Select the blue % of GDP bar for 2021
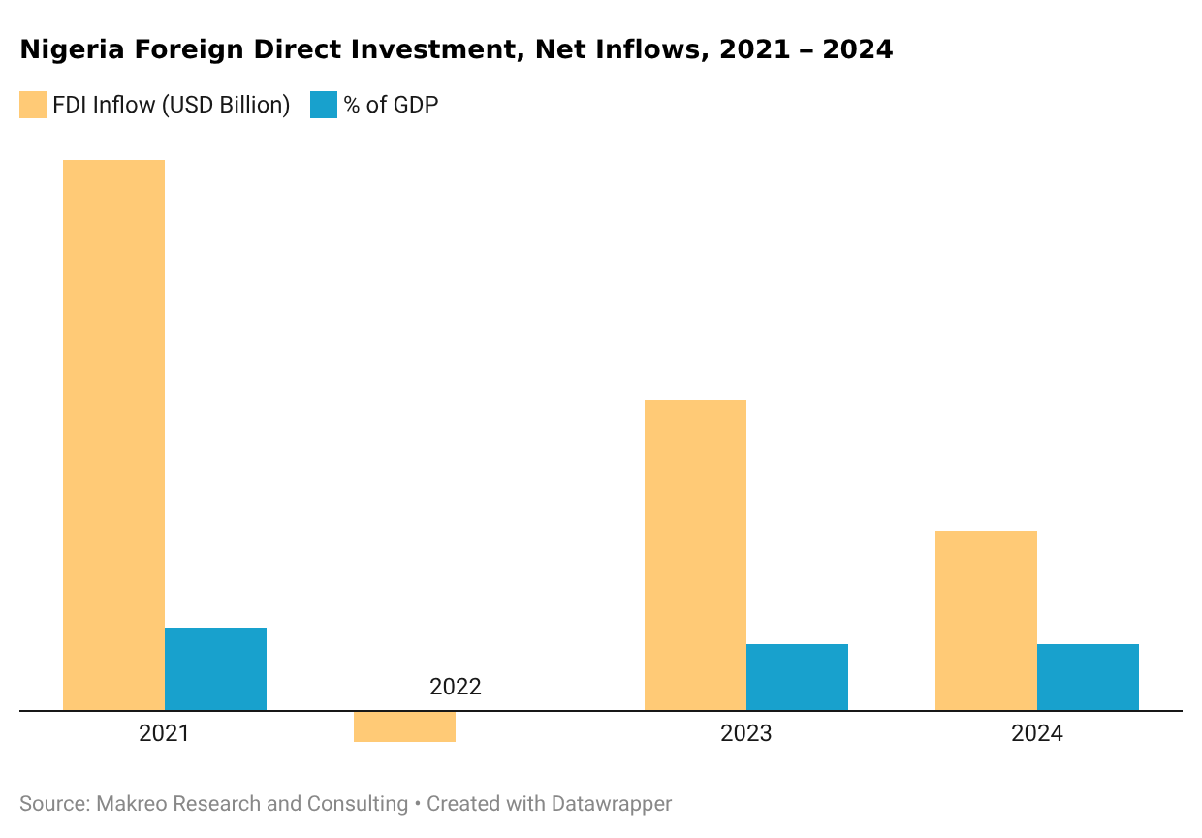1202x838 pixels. (x=215, y=669)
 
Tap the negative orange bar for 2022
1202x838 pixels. (x=404, y=726)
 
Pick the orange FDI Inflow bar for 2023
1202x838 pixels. (x=695, y=555)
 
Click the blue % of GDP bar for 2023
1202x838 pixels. (x=797, y=677)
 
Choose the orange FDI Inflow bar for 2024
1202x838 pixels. (x=986, y=621)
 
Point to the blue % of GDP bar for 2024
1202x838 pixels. (x=1088, y=677)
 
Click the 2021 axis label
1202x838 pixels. (x=164, y=733)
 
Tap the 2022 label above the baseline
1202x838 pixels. (x=455, y=687)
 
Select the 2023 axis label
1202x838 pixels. (x=745, y=733)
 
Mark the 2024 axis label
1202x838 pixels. (x=1036, y=733)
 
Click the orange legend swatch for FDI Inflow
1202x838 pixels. (x=33, y=105)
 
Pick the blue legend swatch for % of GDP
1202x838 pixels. (x=323, y=105)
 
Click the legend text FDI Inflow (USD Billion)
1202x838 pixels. (x=172, y=105)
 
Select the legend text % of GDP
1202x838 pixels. (x=391, y=105)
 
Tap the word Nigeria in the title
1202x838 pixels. (x=64, y=49)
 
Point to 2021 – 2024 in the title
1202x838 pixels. (x=806, y=49)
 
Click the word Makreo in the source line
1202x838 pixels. (x=134, y=804)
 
